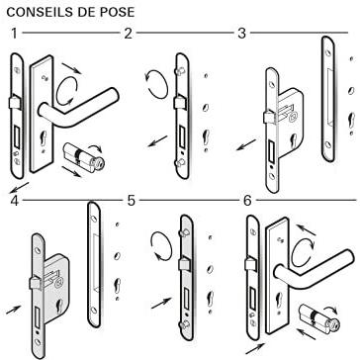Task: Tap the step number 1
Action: (14, 34)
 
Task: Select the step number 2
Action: (128, 34)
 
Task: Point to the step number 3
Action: (242, 34)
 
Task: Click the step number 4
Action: (14, 201)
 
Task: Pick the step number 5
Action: (132, 201)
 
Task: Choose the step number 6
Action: (247, 201)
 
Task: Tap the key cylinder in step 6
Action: (318, 316)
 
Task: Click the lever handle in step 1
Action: (77, 107)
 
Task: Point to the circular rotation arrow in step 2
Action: (156, 84)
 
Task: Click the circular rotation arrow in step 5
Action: (161, 246)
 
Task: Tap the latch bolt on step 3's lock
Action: (268, 118)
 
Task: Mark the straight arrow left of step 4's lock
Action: (14, 310)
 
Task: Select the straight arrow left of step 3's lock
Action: (246, 144)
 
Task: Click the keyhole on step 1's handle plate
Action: (44, 137)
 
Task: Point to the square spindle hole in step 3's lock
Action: (292, 116)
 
